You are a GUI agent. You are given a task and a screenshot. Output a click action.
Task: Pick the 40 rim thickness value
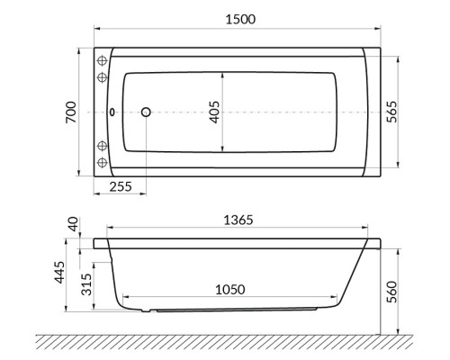(73, 223)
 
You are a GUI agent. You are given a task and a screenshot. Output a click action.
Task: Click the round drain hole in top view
(146, 113)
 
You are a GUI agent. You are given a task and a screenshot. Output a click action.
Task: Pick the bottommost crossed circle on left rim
(102, 163)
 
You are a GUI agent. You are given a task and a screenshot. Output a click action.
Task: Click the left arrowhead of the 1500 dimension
(96, 30)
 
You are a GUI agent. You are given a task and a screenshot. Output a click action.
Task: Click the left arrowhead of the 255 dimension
(96, 175)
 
